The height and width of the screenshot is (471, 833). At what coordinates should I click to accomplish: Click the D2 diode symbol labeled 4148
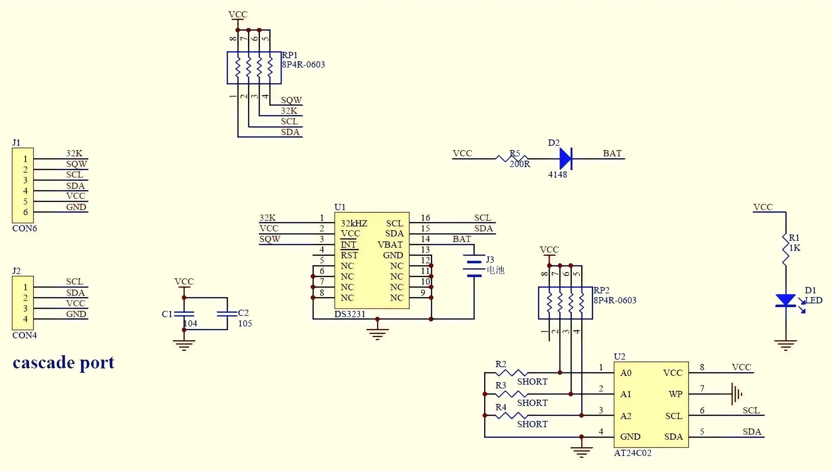[x=566, y=159]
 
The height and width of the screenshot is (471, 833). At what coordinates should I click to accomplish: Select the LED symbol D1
[x=785, y=300]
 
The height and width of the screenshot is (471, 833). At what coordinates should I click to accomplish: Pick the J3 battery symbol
[x=474, y=266]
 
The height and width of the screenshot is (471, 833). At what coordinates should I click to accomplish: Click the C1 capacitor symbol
[x=184, y=314]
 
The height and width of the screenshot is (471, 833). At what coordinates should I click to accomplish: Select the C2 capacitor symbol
[x=227, y=314]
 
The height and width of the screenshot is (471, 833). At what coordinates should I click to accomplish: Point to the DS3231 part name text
[x=350, y=314]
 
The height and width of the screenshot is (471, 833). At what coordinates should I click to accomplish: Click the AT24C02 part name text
[x=633, y=453]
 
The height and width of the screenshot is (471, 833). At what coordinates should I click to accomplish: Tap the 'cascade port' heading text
[x=64, y=362]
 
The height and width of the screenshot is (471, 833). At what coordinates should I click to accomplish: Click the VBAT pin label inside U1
[x=390, y=245]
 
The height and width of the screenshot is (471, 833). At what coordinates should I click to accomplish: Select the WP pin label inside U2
[x=675, y=394]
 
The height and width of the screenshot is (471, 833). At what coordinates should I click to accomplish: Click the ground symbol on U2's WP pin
[x=737, y=394]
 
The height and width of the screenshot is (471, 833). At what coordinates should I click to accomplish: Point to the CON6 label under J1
[x=25, y=228]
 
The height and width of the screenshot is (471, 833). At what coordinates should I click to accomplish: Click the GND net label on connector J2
[x=76, y=314]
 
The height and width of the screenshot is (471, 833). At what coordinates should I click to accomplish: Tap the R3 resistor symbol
[x=511, y=394]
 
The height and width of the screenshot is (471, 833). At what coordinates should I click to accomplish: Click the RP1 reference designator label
[x=290, y=55]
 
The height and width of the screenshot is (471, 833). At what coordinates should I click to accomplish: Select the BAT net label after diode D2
[x=612, y=153]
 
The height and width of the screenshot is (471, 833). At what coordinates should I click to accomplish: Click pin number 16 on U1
[x=425, y=218]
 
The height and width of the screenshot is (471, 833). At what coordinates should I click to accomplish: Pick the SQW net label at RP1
[x=291, y=100]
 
